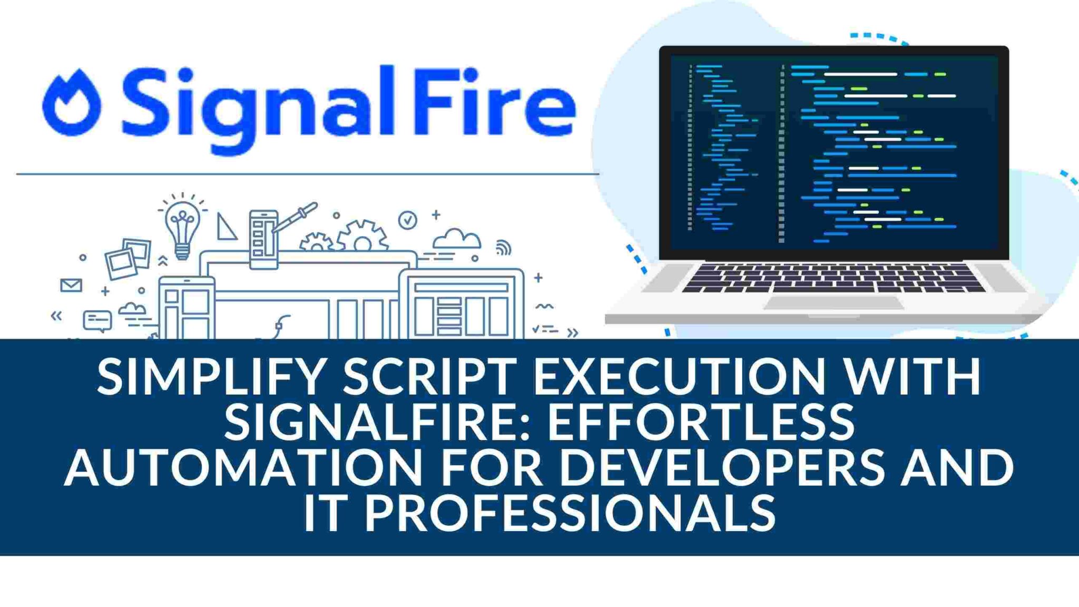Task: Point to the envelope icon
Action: click(x=71, y=285)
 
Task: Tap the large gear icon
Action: click(x=362, y=237)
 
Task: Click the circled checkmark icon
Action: click(x=407, y=220)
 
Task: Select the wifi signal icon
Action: click(x=503, y=248)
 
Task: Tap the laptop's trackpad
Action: click(x=834, y=303)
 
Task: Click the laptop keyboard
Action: click(x=833, y=278)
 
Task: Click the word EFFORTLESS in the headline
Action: click(x=701, y=422)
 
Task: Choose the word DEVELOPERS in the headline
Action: click(x=722, y=467)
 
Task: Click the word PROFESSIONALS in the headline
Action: click(x=570, y=512)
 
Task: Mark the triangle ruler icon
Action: click(x=226, y=227)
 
